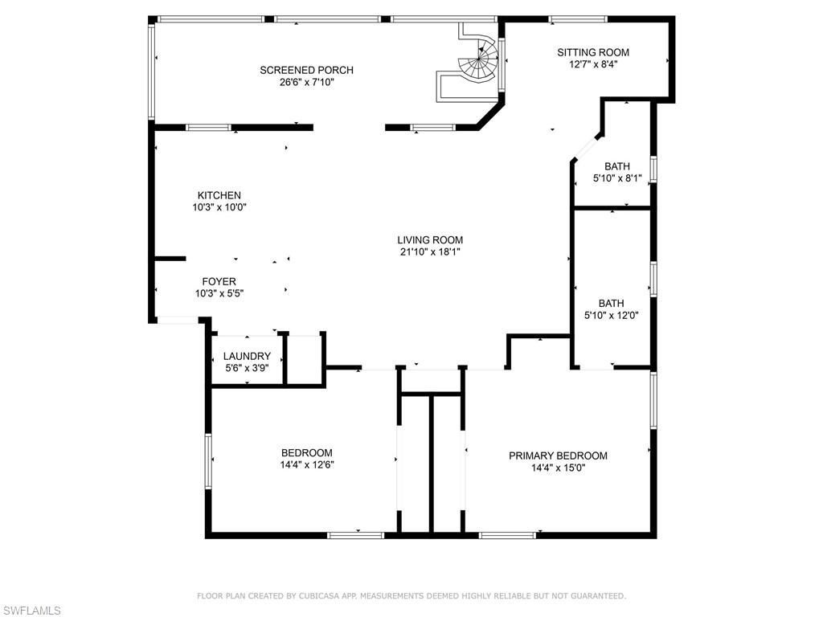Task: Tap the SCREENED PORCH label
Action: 306,70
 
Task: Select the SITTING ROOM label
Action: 593,52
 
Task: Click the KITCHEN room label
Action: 219,195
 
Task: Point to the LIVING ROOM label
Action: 430,239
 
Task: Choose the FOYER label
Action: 219,282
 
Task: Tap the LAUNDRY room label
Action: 247,357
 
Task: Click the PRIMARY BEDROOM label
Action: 558,456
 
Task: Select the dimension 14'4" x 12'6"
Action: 306,464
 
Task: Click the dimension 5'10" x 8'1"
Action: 617,178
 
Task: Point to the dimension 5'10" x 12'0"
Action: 611,315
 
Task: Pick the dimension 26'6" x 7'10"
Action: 306,82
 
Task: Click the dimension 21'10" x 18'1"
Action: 430,251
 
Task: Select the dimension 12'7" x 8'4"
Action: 593,64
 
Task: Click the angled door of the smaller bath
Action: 586,149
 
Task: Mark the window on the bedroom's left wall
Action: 208,460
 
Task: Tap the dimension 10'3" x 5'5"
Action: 219,294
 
